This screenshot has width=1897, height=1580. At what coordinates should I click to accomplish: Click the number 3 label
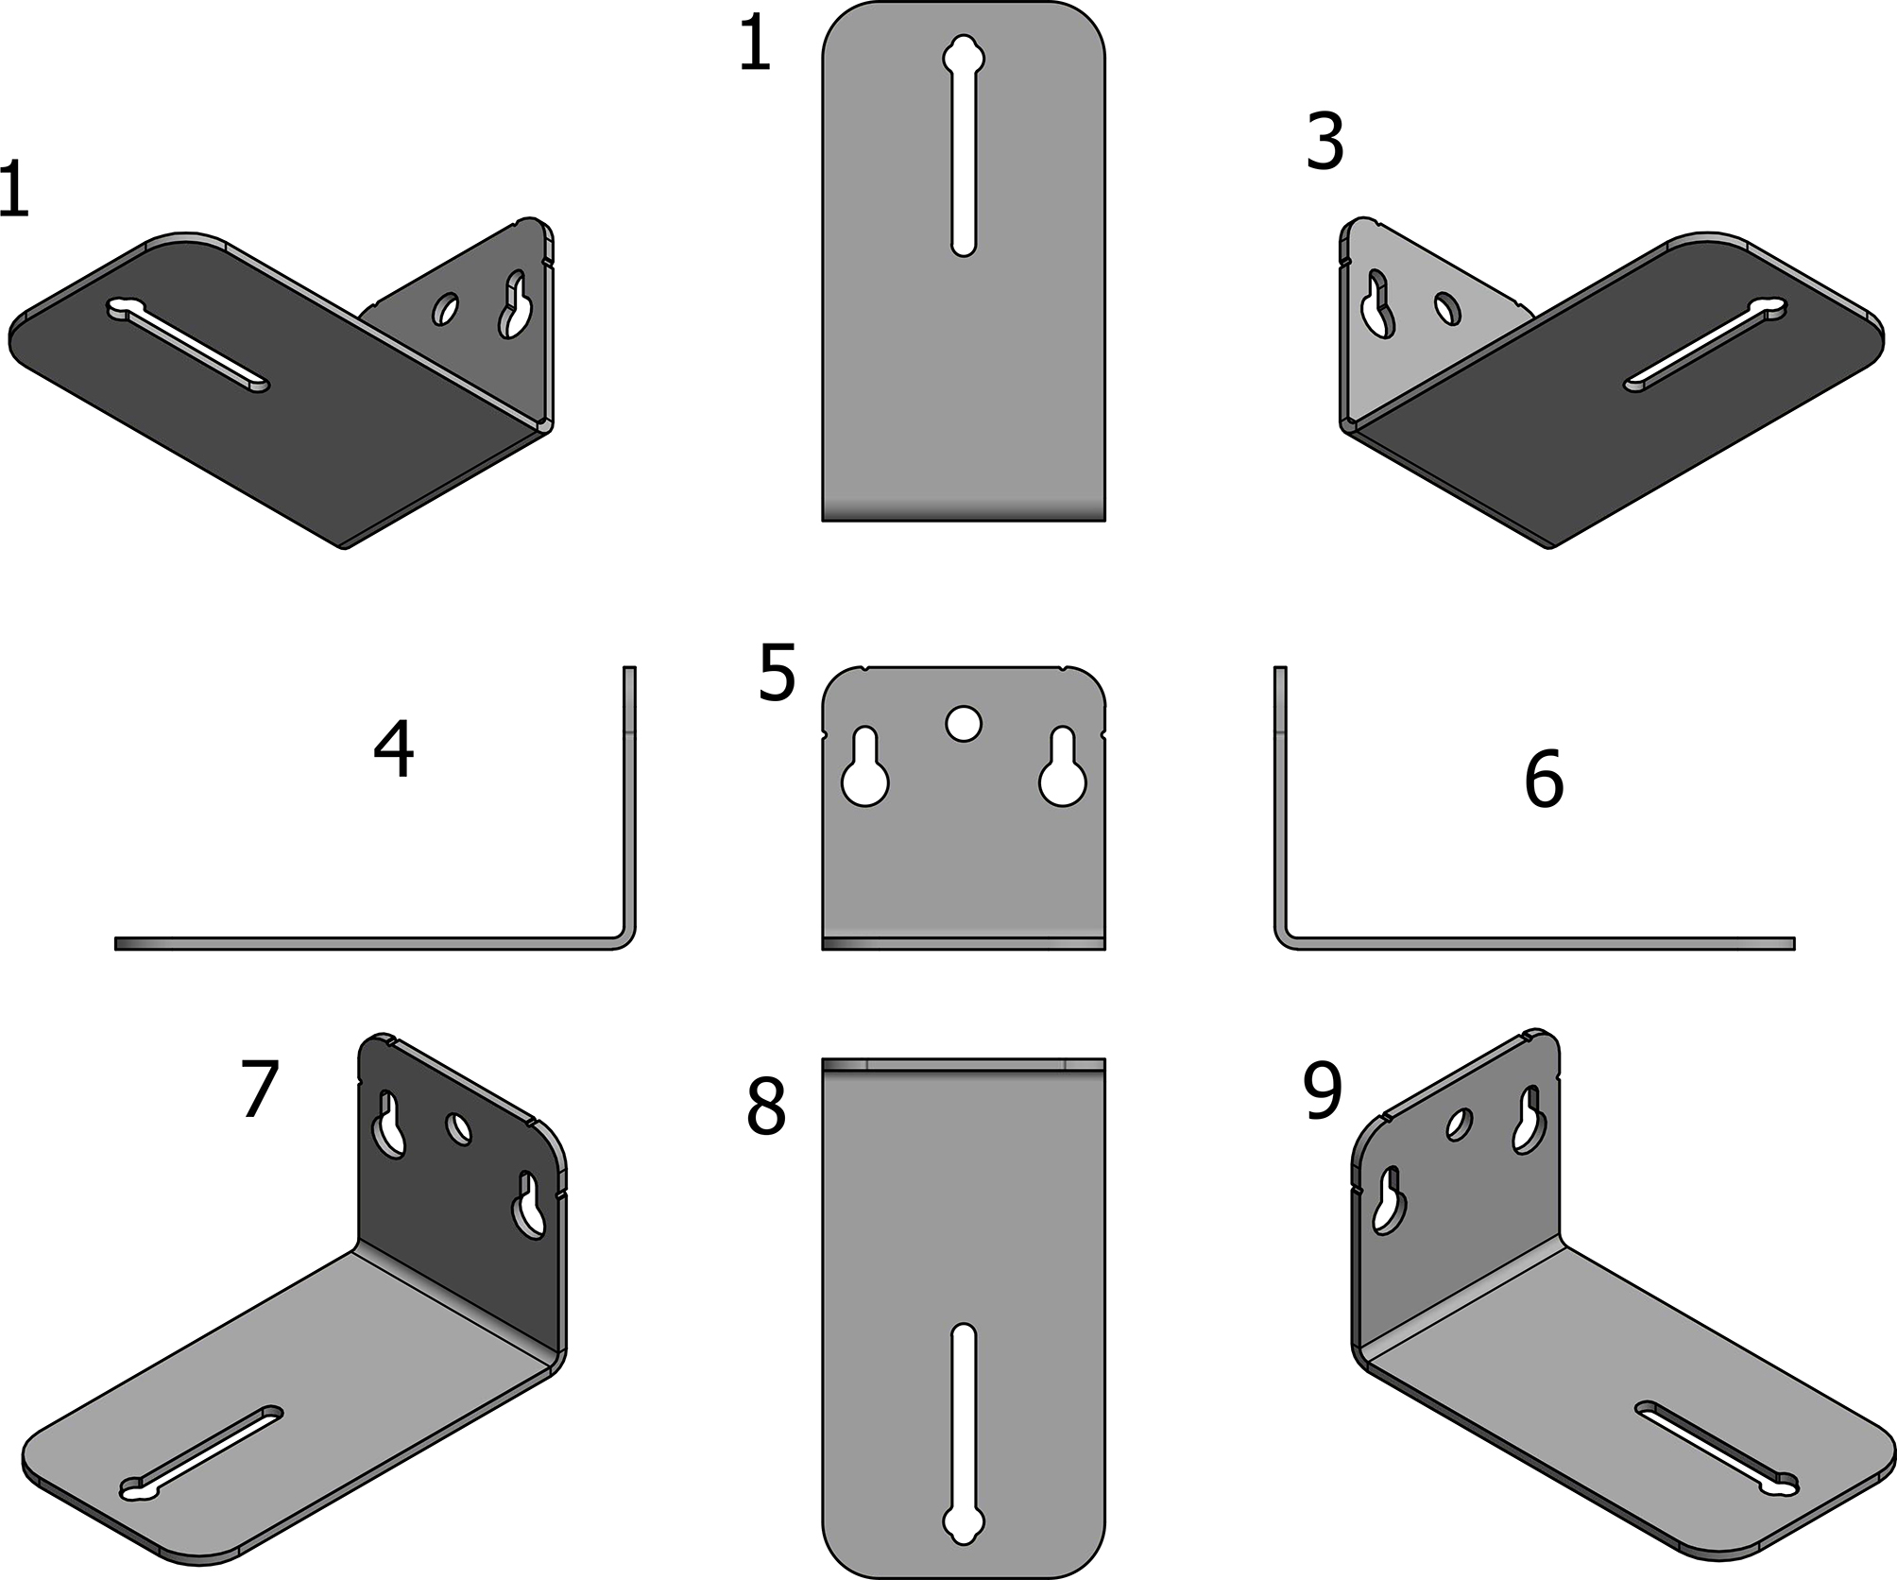(x=1324, y=143)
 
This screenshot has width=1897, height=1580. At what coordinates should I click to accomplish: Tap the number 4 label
(x=394, y=750)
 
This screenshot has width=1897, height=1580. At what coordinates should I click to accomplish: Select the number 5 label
(x=777, y=673)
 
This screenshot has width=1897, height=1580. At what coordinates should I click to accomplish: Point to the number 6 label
(x=1544, y=780)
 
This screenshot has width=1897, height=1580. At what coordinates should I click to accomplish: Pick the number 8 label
(x=765, y=1108)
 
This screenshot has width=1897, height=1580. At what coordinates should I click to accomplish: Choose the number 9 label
(x=1323, y=1093)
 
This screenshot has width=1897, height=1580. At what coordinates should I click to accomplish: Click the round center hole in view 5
(x=964, y=725)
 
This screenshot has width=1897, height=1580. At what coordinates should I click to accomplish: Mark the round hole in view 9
(x=1460, y=1124)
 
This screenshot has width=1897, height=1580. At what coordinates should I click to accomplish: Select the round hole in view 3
(x=1446, y=308)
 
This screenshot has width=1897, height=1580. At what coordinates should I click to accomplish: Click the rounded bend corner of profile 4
(x=624, y=938)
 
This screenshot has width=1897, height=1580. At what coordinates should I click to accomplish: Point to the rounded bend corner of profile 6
(x=1285, y=938)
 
